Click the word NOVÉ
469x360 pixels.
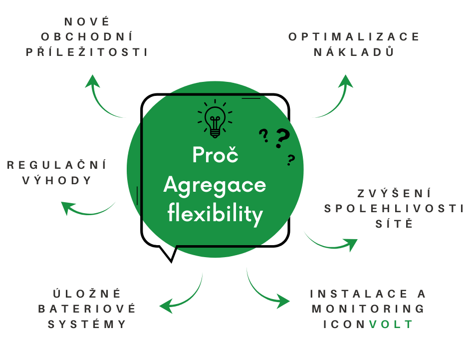[87, 22]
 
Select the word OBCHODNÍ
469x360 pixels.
[87, 36]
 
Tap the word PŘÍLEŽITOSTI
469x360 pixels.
[87, 52]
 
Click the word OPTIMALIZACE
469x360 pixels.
[354, 37]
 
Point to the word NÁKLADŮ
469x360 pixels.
[354, 52]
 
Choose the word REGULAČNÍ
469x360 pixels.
[56, 165]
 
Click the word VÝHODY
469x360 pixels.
[56, 180]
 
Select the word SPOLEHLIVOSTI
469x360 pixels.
[394, 209]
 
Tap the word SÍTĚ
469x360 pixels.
[394, 223]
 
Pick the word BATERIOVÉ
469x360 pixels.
[87, 309]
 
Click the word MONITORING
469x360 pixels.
[368, 309]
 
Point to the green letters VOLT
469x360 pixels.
[391, 324]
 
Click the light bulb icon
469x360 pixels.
[215, 119]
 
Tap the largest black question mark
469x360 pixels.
[282, 138]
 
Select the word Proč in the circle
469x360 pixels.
[216, 155]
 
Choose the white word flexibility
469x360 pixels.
[215, 214]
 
